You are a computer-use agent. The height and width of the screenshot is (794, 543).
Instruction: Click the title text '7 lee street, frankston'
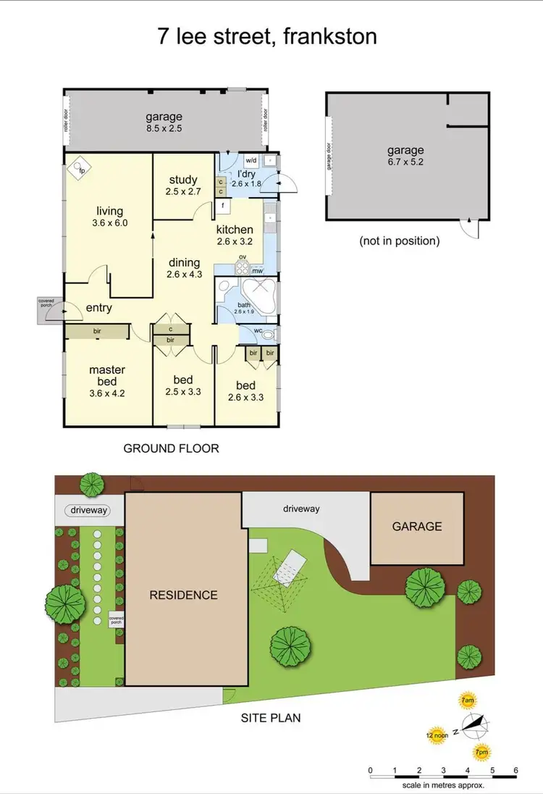(267, 36)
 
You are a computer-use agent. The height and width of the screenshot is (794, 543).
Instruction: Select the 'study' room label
(183, 180)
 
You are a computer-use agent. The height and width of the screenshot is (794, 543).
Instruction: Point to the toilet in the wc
(269, 335)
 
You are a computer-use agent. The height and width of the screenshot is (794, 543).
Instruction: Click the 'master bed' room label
(107, 375)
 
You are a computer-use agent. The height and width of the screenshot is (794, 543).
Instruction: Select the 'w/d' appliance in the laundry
(251, 160)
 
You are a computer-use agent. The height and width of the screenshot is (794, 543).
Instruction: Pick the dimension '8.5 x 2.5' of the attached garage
(164, 129)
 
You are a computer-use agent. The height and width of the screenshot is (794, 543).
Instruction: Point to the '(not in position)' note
(399, 241)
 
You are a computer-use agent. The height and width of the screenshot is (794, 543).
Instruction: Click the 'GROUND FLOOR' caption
(171, 448)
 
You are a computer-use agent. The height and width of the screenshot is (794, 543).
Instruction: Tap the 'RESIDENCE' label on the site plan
(183, 595)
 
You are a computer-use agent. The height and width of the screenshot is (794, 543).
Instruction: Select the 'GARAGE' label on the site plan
(417, 527)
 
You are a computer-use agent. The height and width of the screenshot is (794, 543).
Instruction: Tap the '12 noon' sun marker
(437, 734)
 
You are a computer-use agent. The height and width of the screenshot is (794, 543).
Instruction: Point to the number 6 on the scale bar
(515, 769)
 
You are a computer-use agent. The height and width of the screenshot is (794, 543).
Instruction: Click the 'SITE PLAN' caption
(271, 718)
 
